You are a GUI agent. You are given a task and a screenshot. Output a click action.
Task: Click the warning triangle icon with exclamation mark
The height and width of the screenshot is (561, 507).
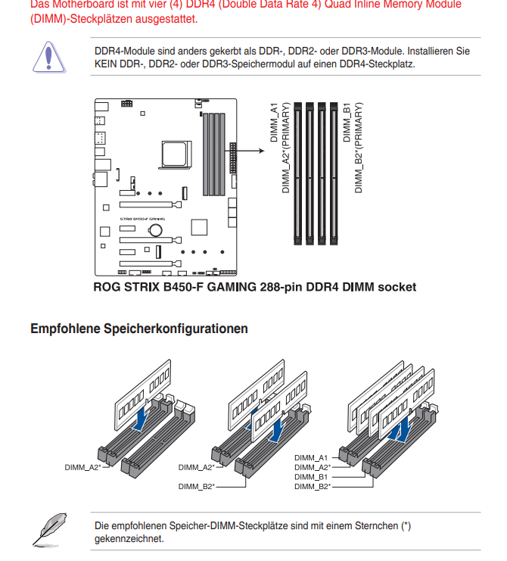pyautogui.click(x=47, y=56)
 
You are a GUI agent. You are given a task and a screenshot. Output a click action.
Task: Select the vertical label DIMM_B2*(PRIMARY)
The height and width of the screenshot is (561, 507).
pyautogui.click(x=359, y=147)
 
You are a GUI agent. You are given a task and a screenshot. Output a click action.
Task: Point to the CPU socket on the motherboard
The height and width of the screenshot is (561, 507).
pyautogui.click(x=173, y=152)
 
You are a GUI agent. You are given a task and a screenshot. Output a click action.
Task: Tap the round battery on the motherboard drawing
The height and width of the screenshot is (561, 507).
pyautogui.click(x=156, y=229)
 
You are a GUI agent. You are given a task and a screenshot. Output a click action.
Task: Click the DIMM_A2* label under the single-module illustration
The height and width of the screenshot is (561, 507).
pyautogui.click(x=83, y=467)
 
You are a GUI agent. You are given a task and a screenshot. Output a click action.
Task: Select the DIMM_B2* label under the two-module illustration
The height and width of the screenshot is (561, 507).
pyautogui.click(x=197, y=486)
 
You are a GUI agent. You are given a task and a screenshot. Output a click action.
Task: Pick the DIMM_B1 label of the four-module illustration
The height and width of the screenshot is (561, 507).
pyautogui.click(x=311, y=477)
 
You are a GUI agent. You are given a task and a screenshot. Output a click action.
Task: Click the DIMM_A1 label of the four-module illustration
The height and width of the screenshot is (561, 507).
pyautogui.click(x=311, y=458)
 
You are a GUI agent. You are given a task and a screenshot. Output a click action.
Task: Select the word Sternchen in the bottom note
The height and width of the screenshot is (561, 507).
pyautogui.click(x=378, y=525)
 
